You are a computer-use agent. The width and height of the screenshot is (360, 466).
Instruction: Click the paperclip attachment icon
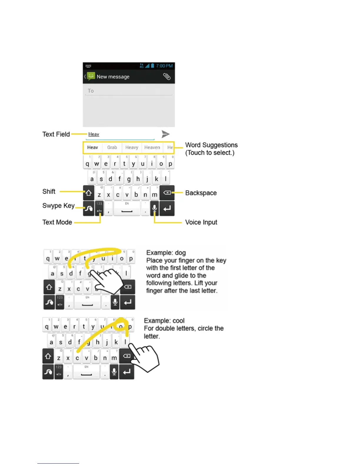click(x=167, y=76)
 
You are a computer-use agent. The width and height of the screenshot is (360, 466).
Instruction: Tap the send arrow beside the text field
click(x=166, y=134)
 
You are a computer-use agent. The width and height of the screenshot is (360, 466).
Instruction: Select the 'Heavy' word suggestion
click(x=131, y=147)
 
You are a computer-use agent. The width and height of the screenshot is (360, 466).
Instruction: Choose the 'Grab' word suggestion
click(x=112, y=147)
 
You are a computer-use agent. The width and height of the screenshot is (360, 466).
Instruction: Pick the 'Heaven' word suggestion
click(x=152, y=147)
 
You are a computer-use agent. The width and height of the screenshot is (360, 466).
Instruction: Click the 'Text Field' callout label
click(x=56, y=134)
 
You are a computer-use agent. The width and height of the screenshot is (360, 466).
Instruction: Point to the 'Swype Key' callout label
click(x=58, y=206)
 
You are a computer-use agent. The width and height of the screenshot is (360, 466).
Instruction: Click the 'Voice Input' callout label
click(x=201, y=222)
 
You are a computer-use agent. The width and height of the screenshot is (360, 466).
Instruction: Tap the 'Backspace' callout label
click(x=201, y=193)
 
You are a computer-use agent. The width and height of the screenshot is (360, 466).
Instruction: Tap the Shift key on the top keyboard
click(x=89, y=193)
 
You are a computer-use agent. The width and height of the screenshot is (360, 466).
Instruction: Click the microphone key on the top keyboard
click(x=154, y=209)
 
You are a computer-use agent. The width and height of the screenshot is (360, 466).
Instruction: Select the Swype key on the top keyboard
click(x=89, y=209)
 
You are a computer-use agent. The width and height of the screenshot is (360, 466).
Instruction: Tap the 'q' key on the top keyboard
click(x=87, y=164)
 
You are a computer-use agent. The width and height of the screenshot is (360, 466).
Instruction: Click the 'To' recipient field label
click(x=91, y=91)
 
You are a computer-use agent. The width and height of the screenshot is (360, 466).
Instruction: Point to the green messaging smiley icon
click(x=91, y=76)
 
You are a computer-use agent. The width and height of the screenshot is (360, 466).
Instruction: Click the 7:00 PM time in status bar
click(x=164, y=66)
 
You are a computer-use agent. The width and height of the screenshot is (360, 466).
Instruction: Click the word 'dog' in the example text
click(x=180, y=253)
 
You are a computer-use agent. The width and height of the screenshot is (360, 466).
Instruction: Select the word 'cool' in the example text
click(x=179, y=321)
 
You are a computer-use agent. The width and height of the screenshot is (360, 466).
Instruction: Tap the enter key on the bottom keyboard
click(x=127, y=372)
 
